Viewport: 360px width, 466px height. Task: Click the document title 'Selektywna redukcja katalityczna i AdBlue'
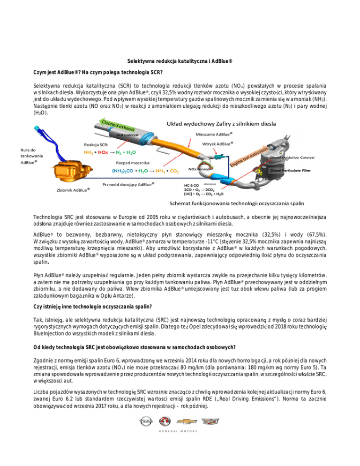click(x=180, y=61)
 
